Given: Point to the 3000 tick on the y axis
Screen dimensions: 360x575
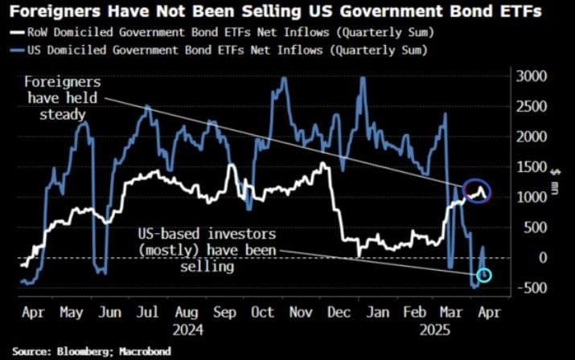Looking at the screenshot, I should coord(530,76).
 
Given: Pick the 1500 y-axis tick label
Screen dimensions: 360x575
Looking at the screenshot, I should coord(530,167).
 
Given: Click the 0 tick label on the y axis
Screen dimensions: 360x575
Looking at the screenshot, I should coord(522,258).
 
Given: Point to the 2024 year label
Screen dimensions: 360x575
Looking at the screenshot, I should coord(187,329).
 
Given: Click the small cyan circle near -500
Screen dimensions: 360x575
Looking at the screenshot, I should coord(484,277).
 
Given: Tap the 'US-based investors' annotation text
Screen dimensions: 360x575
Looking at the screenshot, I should coord(207,248).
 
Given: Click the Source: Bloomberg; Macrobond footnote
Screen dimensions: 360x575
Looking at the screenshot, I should coord(92,351).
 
